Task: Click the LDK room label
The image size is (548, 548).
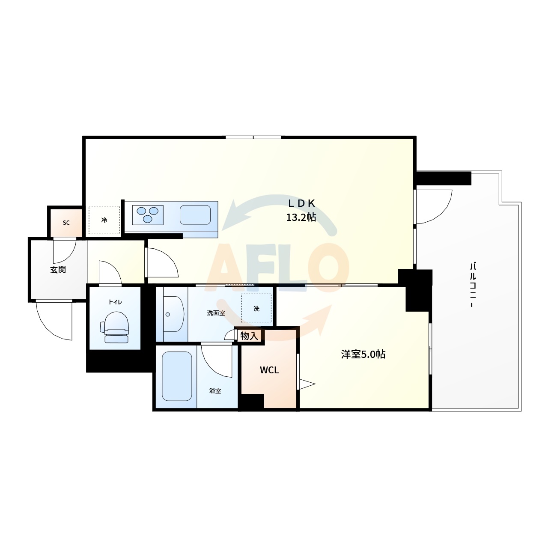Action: tap(301, 203)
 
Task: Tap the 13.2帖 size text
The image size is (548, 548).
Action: tap(301, 217)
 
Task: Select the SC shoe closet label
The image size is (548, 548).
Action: tap(66, 223)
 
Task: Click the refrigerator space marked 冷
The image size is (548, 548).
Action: tap(104, 220)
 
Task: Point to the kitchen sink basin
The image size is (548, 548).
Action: tap(195, 215)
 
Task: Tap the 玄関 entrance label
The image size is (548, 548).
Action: tap(58, 270)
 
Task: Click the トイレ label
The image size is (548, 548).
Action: tap(115, 302)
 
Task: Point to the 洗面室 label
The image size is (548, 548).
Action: tap(216, 313)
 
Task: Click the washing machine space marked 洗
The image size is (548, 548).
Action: tap(256, 308)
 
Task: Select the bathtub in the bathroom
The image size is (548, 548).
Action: tap(176, 376)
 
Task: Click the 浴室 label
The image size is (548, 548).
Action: tap(215, 390)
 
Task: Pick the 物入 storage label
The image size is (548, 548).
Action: tap(249, 336)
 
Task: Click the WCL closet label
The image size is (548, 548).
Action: tap(269, 370)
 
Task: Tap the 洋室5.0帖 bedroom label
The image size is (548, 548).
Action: tap(363, 354)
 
